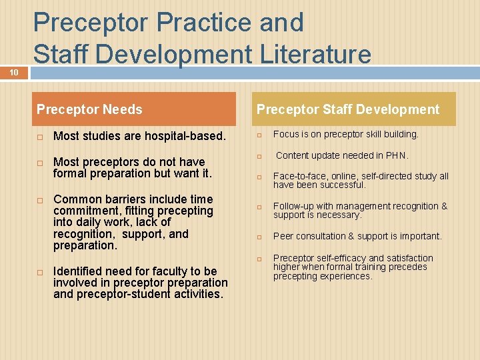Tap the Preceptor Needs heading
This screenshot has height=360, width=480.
[89, 109]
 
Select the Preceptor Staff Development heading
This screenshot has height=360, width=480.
[348, 109]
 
